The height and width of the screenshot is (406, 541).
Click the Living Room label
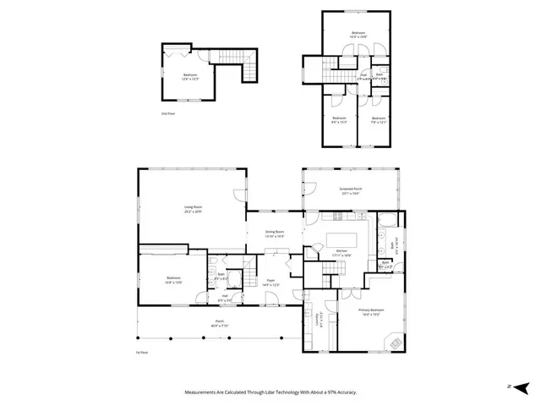tap(193, 207)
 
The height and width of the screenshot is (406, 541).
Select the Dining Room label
tap(274, 233)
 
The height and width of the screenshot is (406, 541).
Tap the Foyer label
tap(270, 281)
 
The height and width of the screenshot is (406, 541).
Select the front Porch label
tap(219, 322)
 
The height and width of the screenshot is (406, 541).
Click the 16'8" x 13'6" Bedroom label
tap(172, 279)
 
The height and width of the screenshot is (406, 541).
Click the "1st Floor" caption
tap(142, 352)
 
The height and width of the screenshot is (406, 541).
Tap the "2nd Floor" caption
tap(168, 112)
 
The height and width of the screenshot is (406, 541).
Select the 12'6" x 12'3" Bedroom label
tap(190, 76)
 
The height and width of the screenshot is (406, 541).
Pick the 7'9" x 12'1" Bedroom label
tap(377, 119)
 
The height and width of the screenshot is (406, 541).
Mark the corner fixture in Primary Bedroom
tap(394, 342)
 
